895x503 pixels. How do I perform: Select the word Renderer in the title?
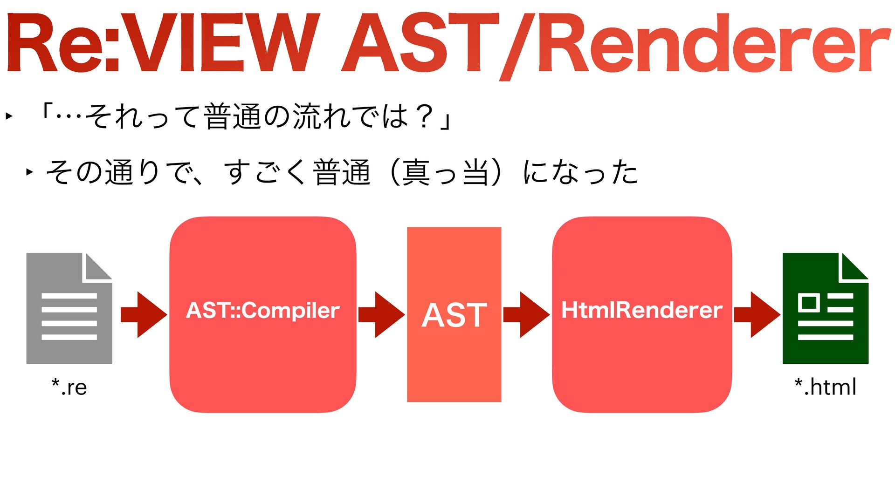pyautogui.click(x=713, y=44)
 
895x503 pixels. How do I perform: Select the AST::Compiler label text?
pyautogui.click(x=262, y=311)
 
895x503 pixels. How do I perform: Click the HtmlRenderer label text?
pyautogui.click(x=641, y=311)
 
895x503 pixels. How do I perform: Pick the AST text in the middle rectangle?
pyautogui.click(x=454, y=315)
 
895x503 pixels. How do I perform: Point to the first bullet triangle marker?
pyautogui.click(x=9, y=116)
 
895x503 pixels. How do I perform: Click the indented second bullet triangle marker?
pyautogui.click(x=30, y=172)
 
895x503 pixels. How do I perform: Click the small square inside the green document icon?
pyautogui.click(x=809, y=303)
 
